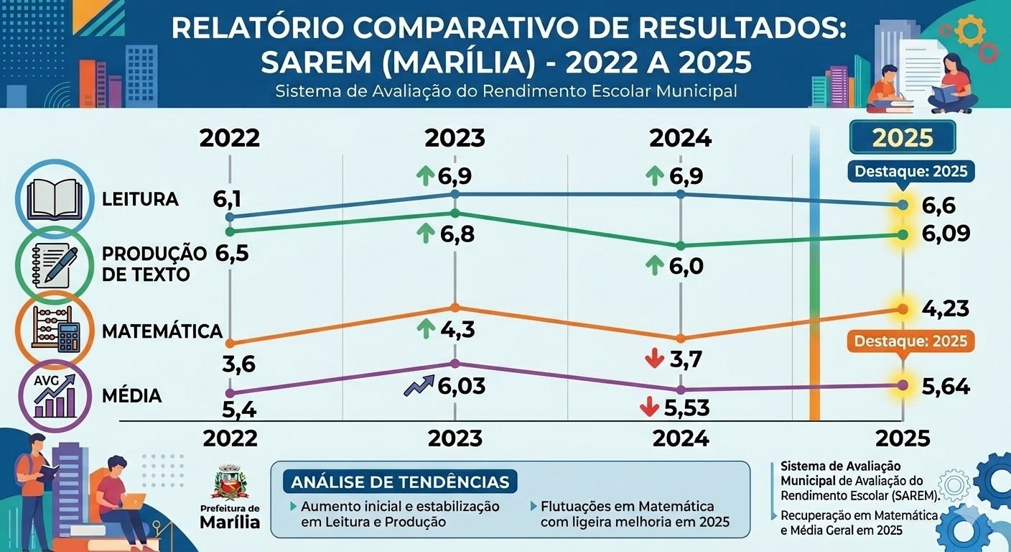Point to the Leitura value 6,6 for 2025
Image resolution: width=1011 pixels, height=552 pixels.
[x=938, y=206]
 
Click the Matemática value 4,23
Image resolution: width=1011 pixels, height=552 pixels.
[x=945, y=309]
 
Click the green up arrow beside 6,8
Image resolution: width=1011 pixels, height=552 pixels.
[x=426, y=233]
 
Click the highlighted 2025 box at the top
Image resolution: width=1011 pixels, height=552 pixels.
[x=902, y=137]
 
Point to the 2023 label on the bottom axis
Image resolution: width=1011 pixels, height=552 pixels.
[x=455, y=438]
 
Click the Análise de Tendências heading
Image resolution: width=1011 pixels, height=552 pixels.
[x=400, y=481]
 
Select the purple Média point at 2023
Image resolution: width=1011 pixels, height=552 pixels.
[x=455, y=364]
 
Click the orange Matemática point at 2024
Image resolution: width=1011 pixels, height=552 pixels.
[x=681, y=338]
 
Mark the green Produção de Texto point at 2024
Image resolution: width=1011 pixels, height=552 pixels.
[x=681, y=246]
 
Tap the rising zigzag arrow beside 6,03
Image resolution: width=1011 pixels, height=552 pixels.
[x=419, y=387]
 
